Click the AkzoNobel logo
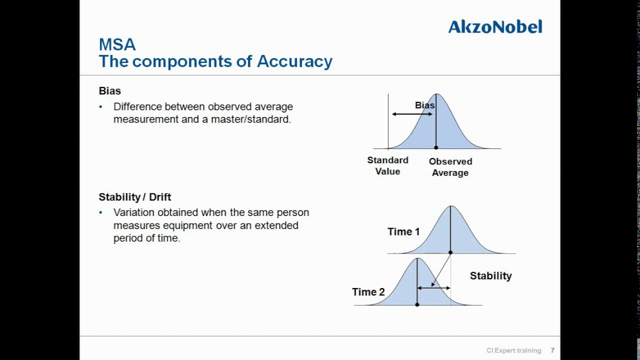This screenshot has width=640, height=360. tap(495, 26)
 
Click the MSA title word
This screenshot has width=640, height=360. tap(117, 44)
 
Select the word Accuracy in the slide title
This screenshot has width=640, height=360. tap(294, 61)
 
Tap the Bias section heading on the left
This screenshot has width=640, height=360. tap(109, 91)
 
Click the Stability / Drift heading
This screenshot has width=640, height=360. tap(134, 197)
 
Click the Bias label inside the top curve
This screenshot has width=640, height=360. tap(424, 105)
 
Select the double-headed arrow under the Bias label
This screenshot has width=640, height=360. tap(412, 114)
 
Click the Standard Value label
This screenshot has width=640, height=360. tap(387, 165)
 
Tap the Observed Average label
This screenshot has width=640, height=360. tap(450, 167)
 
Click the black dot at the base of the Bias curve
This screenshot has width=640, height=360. tap(436, 147)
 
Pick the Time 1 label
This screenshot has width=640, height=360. tap(403, 232)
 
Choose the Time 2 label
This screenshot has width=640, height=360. tap(368, 292)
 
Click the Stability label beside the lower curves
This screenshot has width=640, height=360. tap(490, 276)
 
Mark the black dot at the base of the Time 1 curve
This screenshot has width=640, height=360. tap(450, 252)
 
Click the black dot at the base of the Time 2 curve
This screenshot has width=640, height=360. tap(417, 304)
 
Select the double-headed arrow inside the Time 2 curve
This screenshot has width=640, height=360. tap(433, 288)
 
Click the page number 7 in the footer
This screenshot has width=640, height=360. tap(552, 350)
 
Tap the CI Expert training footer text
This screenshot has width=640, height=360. tap(513, 350)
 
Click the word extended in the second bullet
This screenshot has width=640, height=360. tap(276, 225)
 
